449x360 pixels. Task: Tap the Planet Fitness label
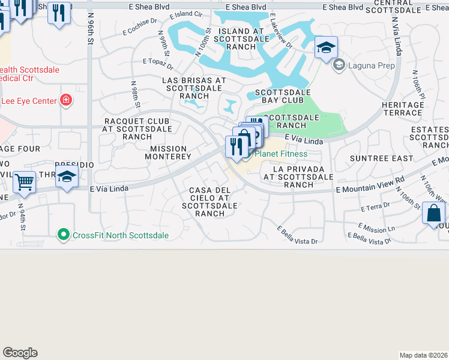(281, 154)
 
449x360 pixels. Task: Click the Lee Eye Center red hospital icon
(66, 100)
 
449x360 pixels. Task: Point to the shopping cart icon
(25, 181)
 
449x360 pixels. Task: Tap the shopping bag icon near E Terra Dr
(433, 214)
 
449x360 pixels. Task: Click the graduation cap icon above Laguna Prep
(326, 47)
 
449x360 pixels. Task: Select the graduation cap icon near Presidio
(67, 177)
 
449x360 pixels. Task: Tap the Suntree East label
(382, 158)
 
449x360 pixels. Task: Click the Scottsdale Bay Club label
(283, 97)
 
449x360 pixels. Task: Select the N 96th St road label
(91, 30)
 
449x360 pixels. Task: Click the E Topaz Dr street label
(158, 61)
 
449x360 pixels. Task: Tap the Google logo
(20, 353)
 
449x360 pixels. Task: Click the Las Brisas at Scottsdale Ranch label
(194, 88)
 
